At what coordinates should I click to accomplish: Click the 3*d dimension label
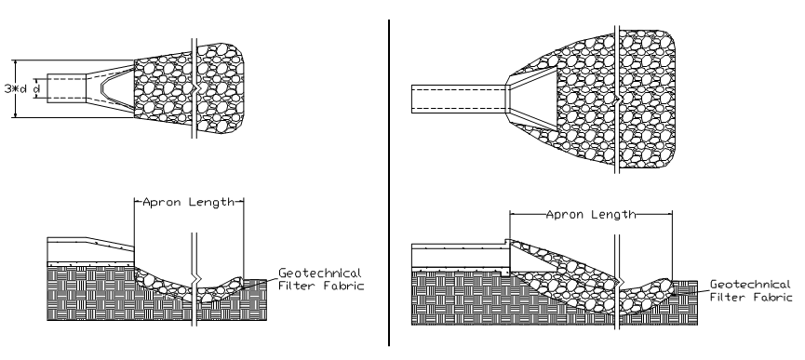click(16, 88)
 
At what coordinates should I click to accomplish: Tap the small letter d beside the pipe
click(36, 88)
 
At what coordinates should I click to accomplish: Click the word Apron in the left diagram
click(162, 202)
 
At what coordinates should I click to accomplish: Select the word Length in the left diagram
click(211, 202)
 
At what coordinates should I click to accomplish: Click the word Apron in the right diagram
click(565, 214)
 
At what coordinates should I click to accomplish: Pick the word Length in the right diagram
click(614, 214)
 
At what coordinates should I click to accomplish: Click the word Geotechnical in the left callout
click(320, 273)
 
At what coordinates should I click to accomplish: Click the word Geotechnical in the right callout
click(751, 284)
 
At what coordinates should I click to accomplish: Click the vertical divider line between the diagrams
click(389, 182)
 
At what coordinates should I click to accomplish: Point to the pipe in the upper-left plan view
click(67, 88)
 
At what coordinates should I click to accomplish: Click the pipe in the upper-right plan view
click(459, 99)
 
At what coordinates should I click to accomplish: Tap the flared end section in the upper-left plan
click(111, 87)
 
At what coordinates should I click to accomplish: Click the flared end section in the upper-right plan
click(532, 99)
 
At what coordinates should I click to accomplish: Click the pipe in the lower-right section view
click(461, 256)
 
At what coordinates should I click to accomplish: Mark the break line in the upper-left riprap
click(195, 88)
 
